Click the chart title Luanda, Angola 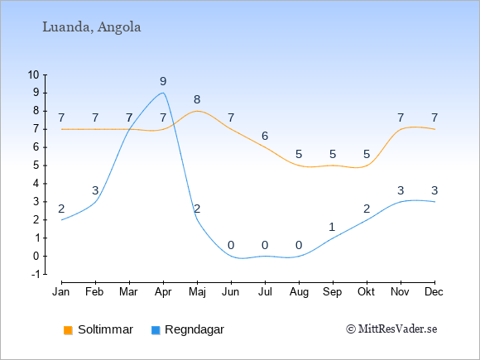point(92,27)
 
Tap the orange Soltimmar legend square point(68,330)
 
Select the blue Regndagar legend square point(156,330)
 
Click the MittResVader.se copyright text point(391,329)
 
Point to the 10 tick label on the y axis point(33,74)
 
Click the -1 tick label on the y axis point(36,274)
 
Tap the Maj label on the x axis point(197,292)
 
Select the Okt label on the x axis point(366,292)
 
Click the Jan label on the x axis point(61,292)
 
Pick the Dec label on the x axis point(434,292)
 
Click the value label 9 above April point(163,81)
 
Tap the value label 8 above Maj point(197,99)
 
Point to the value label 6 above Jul point(265,136)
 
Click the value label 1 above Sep point(332,227)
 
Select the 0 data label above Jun point(231,245)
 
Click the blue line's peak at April point(163,93)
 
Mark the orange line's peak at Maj point(197,111)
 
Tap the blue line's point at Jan point(62,220)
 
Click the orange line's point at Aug point(299,166)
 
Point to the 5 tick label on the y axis point(36,166)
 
